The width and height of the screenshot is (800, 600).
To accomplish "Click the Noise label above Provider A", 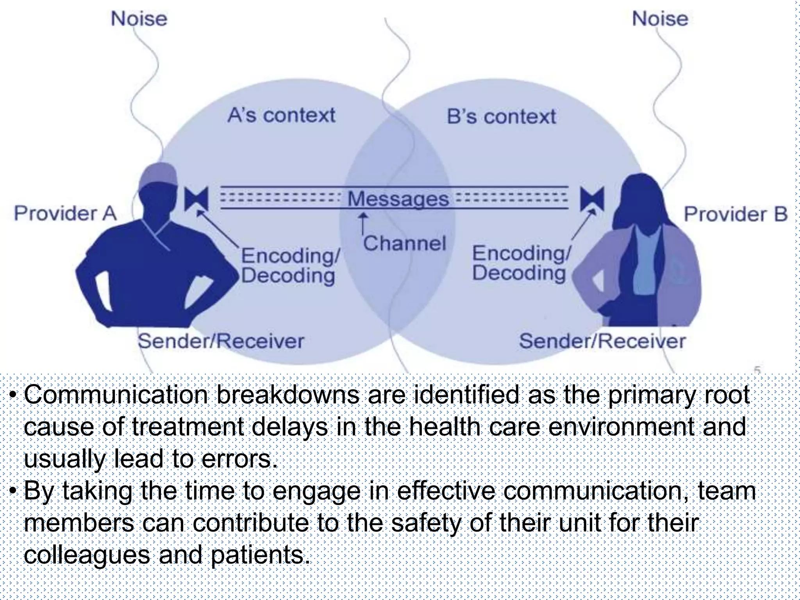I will click(139, 19).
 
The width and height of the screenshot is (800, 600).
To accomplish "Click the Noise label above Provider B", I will click(660, 19).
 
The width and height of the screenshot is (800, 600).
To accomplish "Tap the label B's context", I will click(501, 116).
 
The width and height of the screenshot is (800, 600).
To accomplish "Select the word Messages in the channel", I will click(398, 199).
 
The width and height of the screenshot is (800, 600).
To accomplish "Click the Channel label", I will click(404, 243).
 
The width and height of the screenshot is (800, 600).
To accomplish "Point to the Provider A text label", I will click(65, 214).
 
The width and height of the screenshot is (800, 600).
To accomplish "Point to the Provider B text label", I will click(736, 214).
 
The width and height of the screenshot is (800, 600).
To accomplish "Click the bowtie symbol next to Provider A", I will click(196, 198).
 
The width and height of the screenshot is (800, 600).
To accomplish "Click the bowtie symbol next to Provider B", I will click(592, 198).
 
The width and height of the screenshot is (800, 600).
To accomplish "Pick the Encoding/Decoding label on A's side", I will click(289, 266).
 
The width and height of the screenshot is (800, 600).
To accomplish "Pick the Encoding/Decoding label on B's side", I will click(521, 263).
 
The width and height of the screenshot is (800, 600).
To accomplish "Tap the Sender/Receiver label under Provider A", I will click(221, 341).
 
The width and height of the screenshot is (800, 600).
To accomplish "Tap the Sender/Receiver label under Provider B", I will click(602, 341).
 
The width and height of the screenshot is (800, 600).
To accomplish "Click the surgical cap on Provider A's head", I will click(157, 175).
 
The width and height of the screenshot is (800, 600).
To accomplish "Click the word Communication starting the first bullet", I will click(116, 395).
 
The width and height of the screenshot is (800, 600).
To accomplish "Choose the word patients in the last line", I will click(260, 555).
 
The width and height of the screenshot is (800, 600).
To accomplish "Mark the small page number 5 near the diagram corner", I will click(757, 370).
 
